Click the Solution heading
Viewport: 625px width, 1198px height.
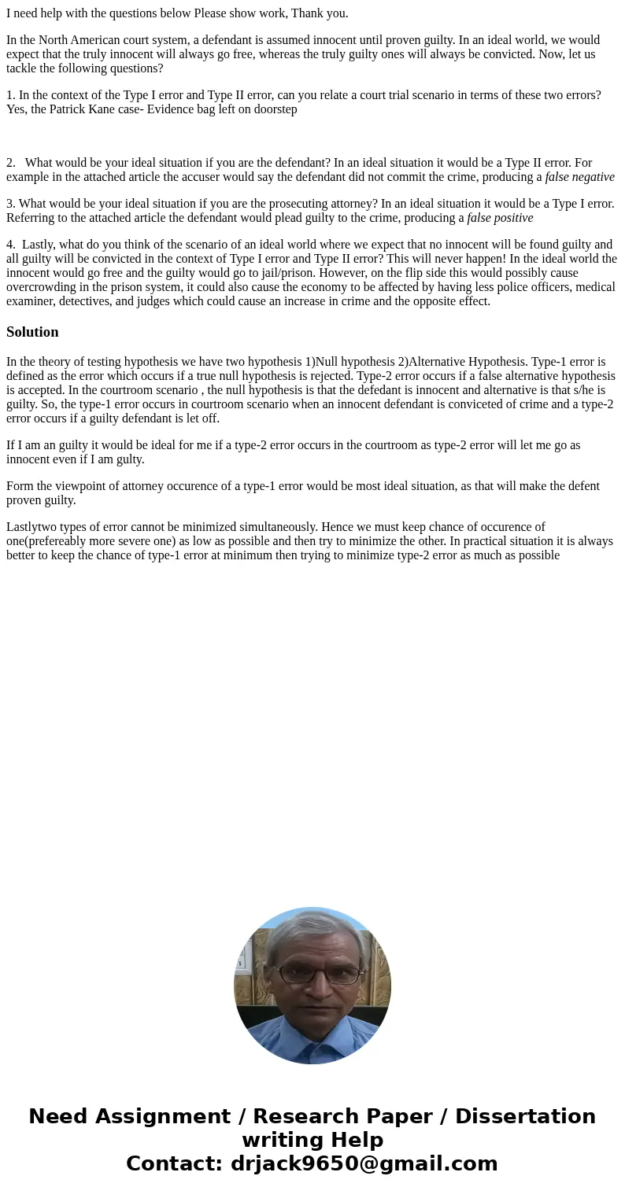(x=32, y=332)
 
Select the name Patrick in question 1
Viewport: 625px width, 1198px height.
(x=70, y=109)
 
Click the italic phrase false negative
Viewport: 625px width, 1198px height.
(x=579, y=177)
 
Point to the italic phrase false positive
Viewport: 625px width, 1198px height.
(x=500, y=218)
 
